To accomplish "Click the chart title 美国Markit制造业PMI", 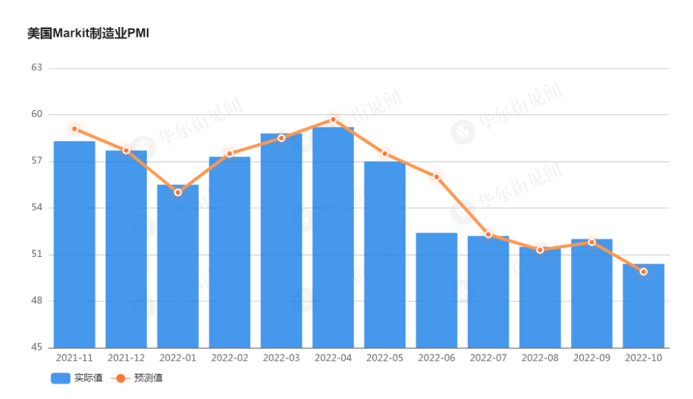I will click(x=88, y=33).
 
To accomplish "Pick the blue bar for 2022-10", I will click(x=643, y=305).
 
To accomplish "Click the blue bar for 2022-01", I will click(x=177, y=266).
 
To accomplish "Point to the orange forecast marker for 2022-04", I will click(x=333, y=119).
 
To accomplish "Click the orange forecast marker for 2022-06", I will click(x=437, y=177).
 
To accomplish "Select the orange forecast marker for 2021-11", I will click(x=74, y=129).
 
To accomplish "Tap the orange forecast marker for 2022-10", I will click(x=643, y=272).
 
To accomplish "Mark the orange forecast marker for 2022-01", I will click(x=177, y=192).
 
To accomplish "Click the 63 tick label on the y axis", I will click(x=37, y=68).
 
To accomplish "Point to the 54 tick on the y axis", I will click(x=37, y=208).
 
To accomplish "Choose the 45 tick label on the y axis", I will click(x=37, y=348).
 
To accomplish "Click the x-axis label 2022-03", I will click(x=281, y=358).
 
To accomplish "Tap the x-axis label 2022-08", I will click(x=540, y=358).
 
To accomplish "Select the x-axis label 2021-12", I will click(x=126, y=358).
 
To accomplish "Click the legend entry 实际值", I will click(x=76, y=378).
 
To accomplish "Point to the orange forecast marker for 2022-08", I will click(x=540, y=249).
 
